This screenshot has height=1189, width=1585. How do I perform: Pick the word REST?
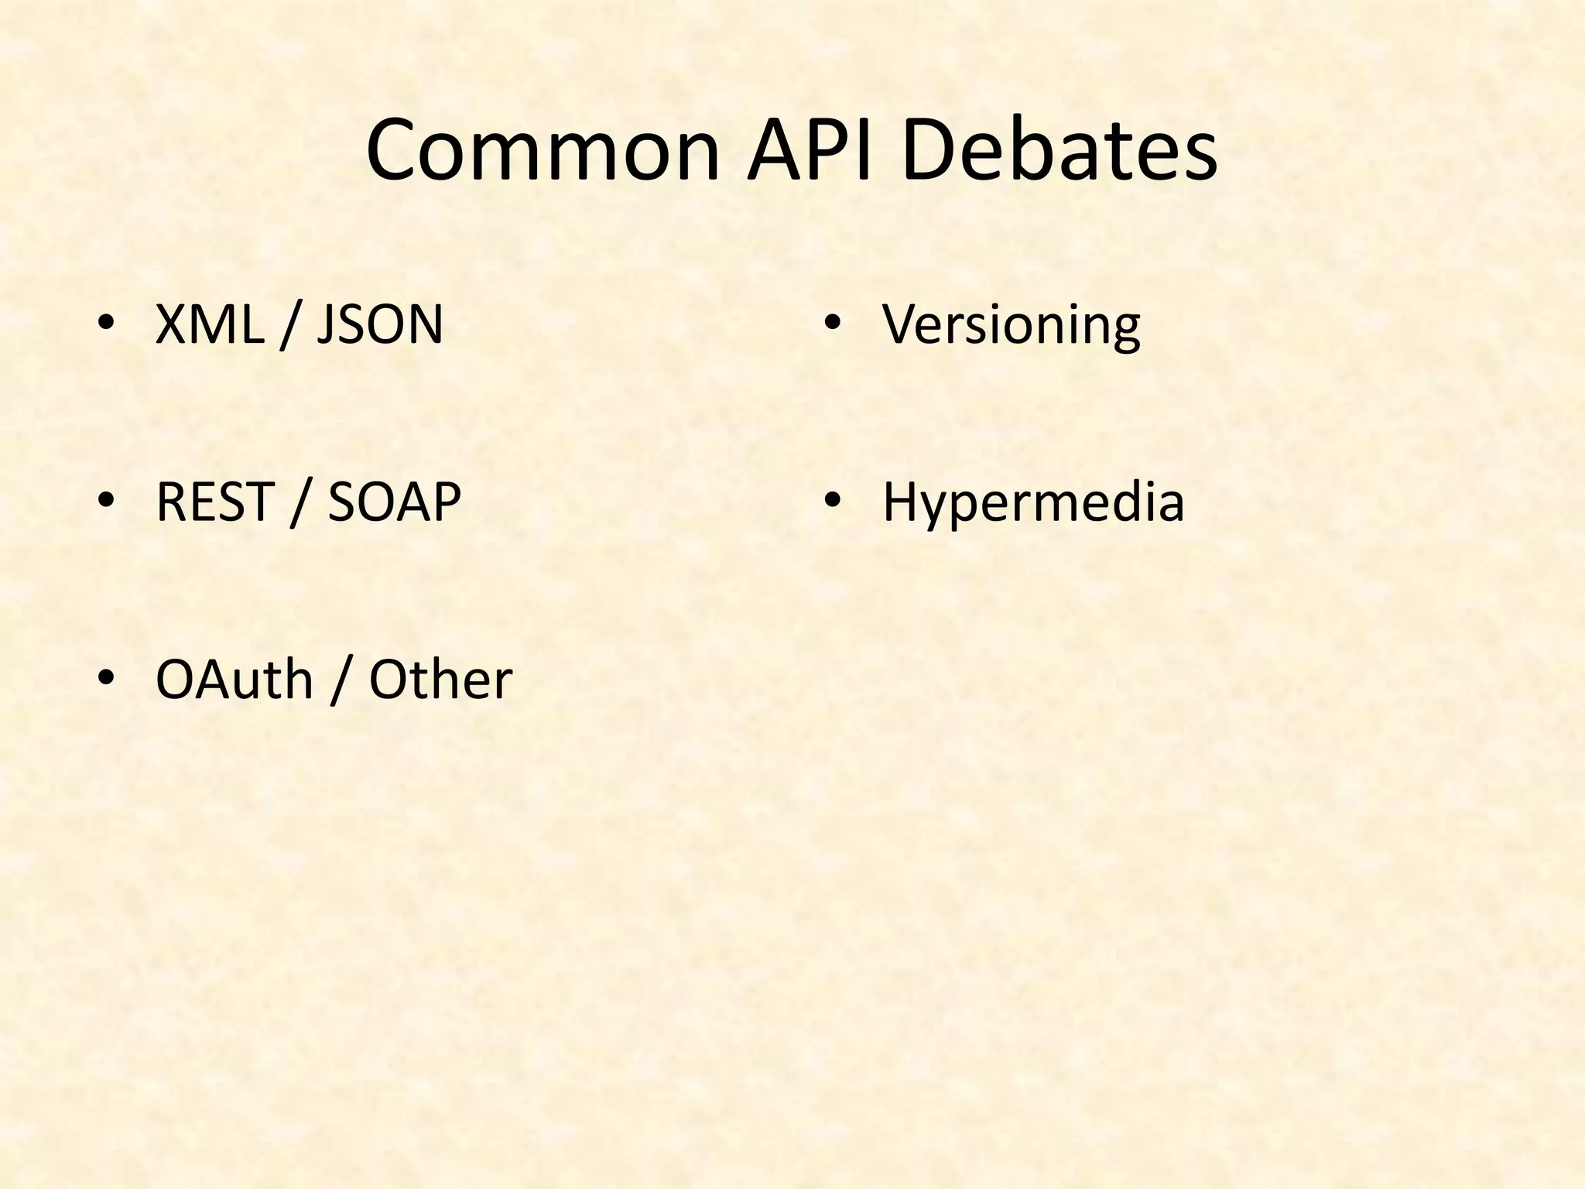215,502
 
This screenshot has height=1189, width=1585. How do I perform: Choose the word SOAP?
394,502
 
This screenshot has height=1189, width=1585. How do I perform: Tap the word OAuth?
234,680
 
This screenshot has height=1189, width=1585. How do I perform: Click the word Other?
440,680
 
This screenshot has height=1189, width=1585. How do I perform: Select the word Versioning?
1011,325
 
